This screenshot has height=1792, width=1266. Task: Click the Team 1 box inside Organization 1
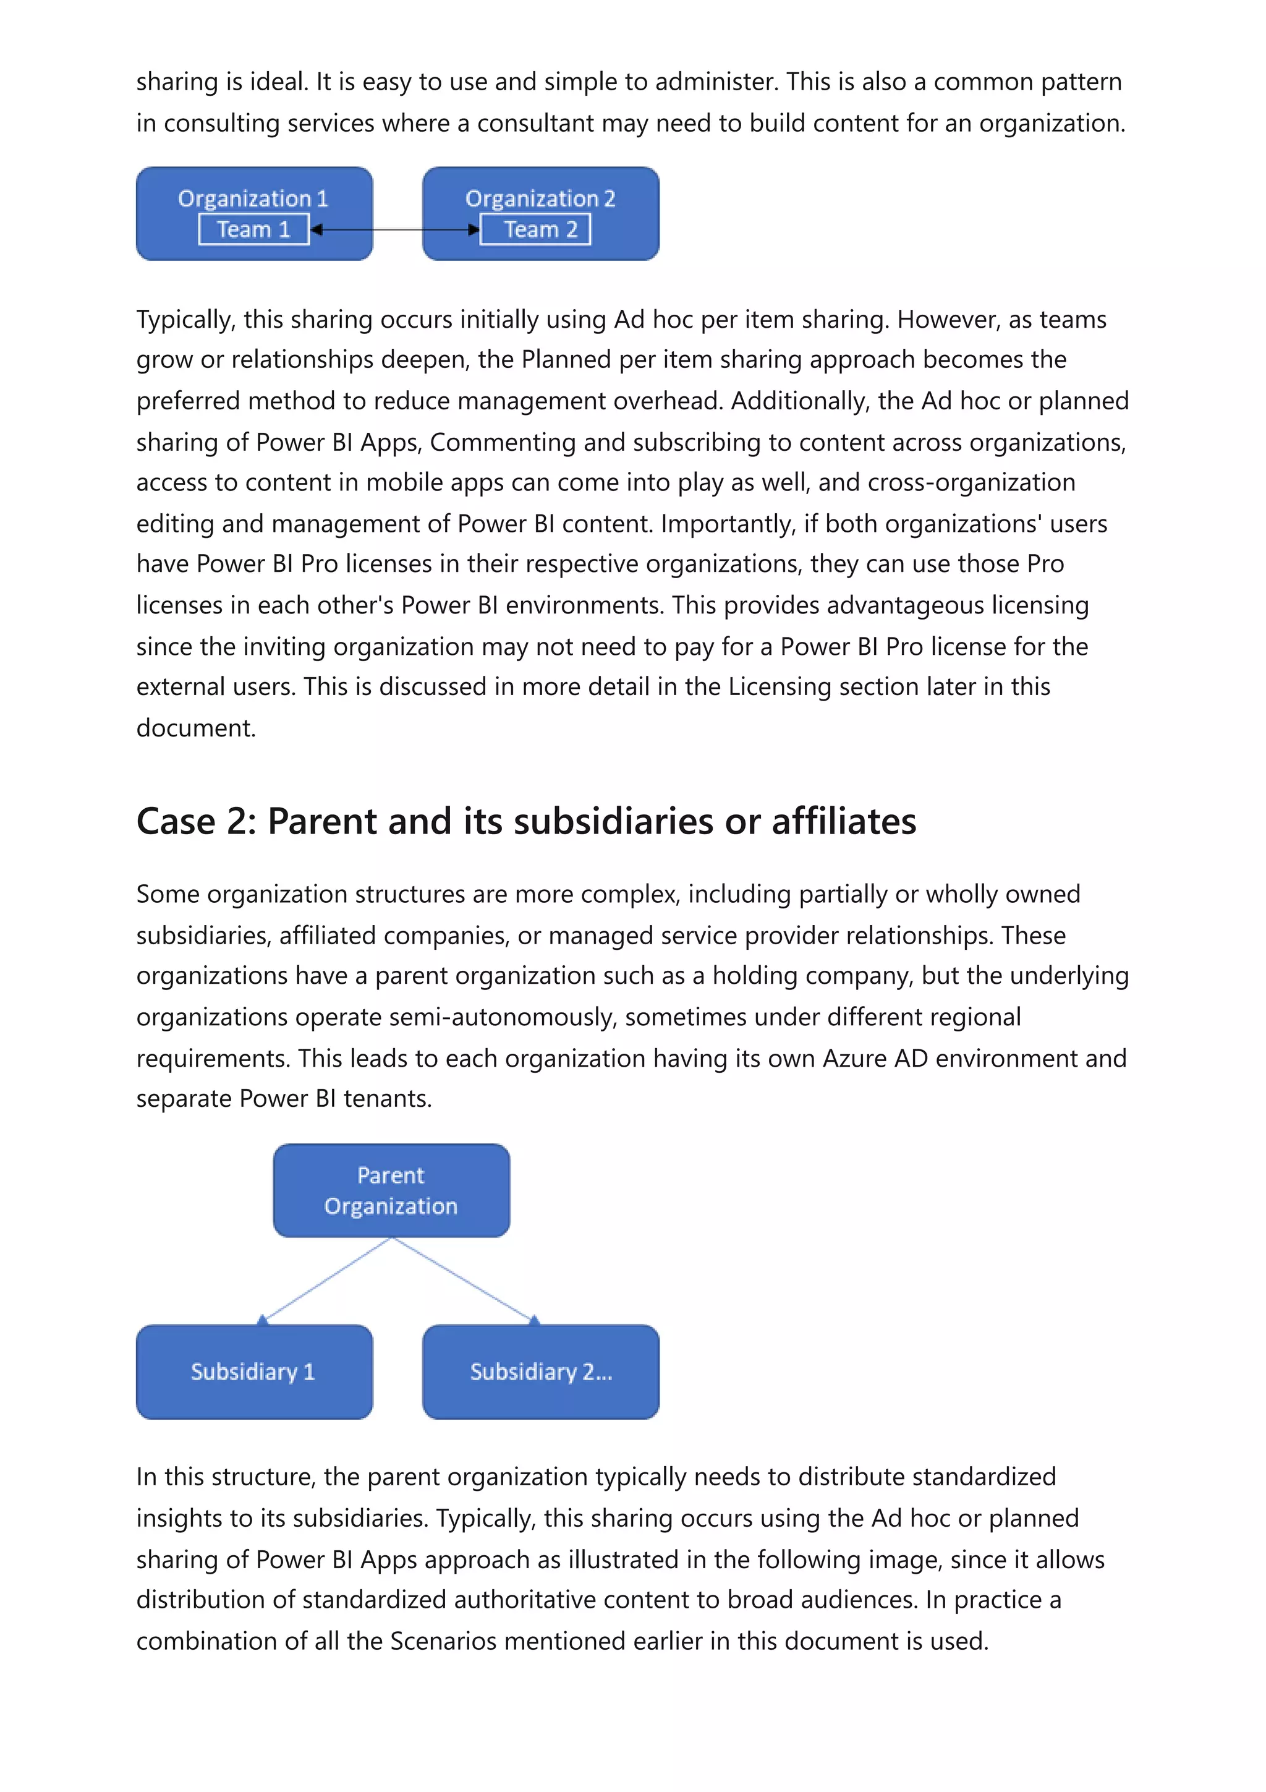253,229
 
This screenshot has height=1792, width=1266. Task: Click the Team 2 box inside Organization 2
535,229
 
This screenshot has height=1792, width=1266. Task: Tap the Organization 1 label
253,198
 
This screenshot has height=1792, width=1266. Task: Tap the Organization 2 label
540,198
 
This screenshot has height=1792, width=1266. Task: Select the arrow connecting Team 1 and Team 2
395,229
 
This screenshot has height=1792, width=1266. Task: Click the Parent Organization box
391,1190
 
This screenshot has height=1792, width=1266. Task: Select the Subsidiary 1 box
253,1372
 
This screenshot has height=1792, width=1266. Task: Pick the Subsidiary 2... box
540,1372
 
